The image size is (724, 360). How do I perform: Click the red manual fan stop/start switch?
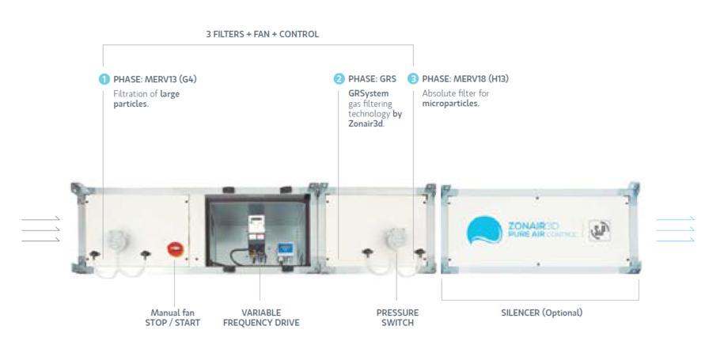click(x=174, y=248)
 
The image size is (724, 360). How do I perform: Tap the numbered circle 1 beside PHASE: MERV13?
click(x=104, y=79)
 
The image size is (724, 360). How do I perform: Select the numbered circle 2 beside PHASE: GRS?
click(x=339, y=79)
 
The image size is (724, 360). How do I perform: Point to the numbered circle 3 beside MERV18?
click(x=413, y=79)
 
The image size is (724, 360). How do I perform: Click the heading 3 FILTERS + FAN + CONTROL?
click(x=262, y=34)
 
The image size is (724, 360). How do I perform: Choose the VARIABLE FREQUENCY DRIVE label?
click(x=261, y=317)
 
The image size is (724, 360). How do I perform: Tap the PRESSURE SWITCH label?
click(x=397, y=317)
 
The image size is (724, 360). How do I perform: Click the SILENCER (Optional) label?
click(x=541, y=313)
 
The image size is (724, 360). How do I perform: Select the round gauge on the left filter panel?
click(x=116, y=240)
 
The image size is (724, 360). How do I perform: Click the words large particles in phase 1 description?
click(x=147, y=99)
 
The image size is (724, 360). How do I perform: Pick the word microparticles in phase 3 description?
click(x=451, y=104)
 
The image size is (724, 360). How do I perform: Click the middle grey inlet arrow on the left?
click(x=40, y=229)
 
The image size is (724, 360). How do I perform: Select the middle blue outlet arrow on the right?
click(x=675, y=229)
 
